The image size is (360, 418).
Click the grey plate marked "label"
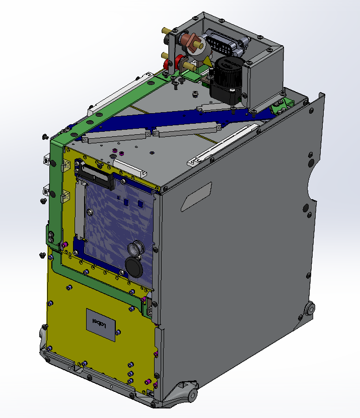pos(101,325)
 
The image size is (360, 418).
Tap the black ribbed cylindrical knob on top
pos(230,72)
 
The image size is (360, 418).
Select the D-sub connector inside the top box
pos(226,43)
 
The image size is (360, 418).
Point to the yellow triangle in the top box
pos(207,61)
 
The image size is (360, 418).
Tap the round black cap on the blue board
pos(134,267)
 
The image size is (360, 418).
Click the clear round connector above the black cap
pos(136,248)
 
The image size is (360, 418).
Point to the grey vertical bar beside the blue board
pos(80,208)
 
